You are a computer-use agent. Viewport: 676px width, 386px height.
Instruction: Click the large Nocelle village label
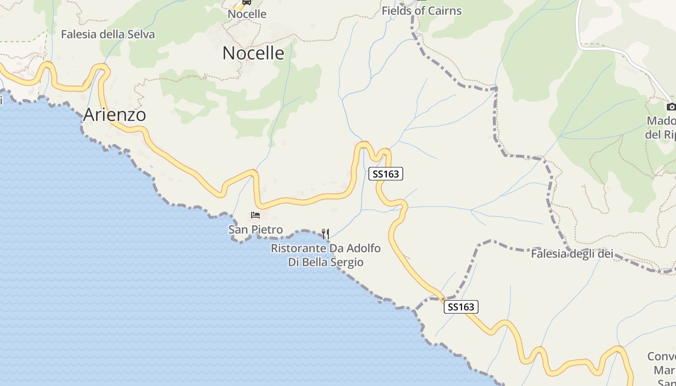point(253,53)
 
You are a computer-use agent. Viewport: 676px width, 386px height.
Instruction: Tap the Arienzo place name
point(114,115)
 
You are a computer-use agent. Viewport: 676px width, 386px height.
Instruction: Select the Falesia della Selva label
point(108,34)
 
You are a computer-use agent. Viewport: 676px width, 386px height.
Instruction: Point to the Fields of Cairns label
point(422,11)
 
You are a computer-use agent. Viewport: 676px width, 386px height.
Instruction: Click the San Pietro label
point(255,230)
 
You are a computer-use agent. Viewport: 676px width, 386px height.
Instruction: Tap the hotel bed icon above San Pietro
point(255,215)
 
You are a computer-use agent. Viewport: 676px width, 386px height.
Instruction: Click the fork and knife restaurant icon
point(325,234)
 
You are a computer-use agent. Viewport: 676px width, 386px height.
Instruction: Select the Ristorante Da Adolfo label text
point(325,249)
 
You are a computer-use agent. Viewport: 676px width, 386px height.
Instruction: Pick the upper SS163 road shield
point(386,174)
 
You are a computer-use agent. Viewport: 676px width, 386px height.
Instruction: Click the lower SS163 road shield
point(461,307)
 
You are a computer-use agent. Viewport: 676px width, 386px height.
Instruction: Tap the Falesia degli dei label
point(572,254)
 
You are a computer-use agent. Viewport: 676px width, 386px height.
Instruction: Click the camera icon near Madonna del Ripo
point(671,107)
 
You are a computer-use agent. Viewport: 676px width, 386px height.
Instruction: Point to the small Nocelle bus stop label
point(247,14)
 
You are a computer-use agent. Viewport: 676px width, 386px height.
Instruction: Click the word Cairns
point(443,11)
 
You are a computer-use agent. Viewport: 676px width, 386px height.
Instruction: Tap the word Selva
point(140,34)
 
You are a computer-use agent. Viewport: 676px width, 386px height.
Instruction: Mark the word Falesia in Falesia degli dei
point(548,254)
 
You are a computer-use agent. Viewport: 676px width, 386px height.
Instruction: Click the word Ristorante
point(298,249)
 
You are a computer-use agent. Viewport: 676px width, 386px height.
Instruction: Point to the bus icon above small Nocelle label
point(247,2)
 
